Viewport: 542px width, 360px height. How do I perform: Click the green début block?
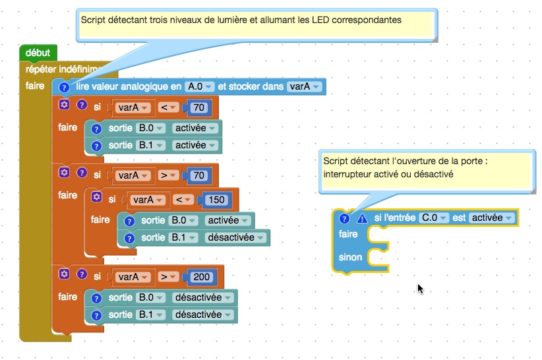pos(38,52)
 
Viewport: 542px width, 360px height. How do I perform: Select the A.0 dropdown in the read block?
pos(200,86)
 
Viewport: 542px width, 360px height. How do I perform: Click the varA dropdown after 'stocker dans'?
pos(304,86)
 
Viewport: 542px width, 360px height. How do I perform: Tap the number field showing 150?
pos(216,199)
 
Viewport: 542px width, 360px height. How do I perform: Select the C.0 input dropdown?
pos(433,218)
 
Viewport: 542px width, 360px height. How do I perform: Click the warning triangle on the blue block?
pos(361,218)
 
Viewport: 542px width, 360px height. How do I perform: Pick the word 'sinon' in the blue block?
pos(350,256)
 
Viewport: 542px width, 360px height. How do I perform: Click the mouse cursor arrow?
pos(420,288)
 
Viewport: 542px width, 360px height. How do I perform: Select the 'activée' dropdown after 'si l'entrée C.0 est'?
pos(491,218)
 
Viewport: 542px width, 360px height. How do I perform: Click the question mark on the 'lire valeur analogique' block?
pos(64,87)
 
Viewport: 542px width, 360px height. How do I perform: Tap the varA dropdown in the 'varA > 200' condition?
pos(133,277)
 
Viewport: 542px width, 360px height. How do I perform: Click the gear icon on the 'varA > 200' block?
pos(64,274)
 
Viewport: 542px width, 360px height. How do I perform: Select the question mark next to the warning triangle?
pos(344,218)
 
